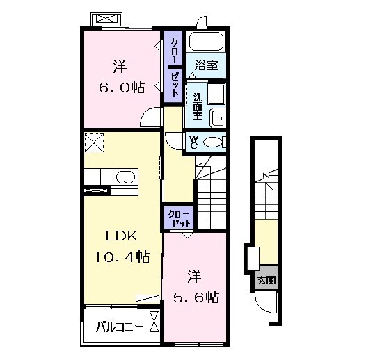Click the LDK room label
pos(122,236)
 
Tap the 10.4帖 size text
pos(122,256)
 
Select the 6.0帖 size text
pos(122,87)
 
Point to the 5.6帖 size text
pos(196,297)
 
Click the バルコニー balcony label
pos(120,327)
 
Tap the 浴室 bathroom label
pos(206,65)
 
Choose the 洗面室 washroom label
pos(198,106)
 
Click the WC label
pos(194,142)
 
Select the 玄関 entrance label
pos(266,280)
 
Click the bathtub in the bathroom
pos(206,42)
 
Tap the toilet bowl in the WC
pos(214,142)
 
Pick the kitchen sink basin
pos(125,177)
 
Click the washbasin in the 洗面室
pos(218,118)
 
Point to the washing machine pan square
pos(216,95)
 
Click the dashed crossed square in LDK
pos(94,142)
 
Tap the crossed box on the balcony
pos(154,322)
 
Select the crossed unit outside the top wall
pos(106,19)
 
